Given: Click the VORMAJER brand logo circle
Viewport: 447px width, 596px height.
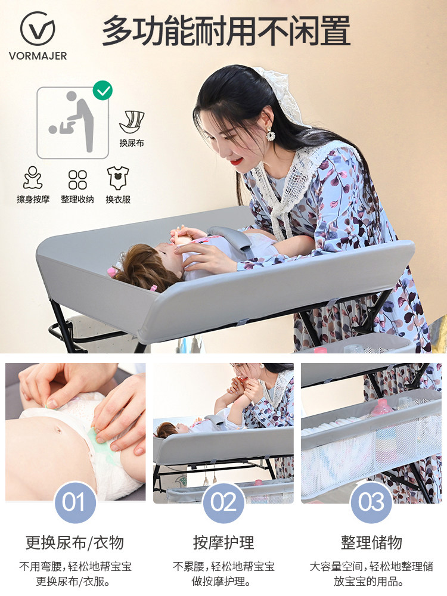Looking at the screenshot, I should pos(38,29).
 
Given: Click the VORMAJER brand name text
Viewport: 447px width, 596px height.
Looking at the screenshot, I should pos(38,56).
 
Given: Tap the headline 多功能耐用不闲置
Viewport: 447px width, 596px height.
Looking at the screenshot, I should pos(226,31).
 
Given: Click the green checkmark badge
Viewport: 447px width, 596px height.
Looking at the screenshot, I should pos(103,91).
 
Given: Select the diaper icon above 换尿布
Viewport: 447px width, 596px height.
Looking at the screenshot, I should pos(132,122).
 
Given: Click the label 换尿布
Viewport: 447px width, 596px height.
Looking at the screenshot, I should pos(132,143).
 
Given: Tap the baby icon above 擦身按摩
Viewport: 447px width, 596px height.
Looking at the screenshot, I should pos(33,178).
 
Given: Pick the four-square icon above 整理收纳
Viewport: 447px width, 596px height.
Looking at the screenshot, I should pos(77,179).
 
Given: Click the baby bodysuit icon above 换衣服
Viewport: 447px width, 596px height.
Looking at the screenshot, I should pos(118,178).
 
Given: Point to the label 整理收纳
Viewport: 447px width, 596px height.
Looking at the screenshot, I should pos(77,200).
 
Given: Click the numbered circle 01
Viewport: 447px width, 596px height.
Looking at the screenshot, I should pos(74,502).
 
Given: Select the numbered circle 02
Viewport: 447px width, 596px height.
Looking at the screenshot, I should pos(223,502).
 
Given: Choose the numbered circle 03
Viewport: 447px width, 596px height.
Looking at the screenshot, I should pos(371,502).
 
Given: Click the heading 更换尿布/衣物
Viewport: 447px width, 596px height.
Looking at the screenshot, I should pos(74,542).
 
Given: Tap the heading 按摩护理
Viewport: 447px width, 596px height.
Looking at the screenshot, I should pos(223,542).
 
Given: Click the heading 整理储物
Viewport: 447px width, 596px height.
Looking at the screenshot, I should pos(371,542).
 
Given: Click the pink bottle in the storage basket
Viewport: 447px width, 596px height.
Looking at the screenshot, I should pos(381,408).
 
